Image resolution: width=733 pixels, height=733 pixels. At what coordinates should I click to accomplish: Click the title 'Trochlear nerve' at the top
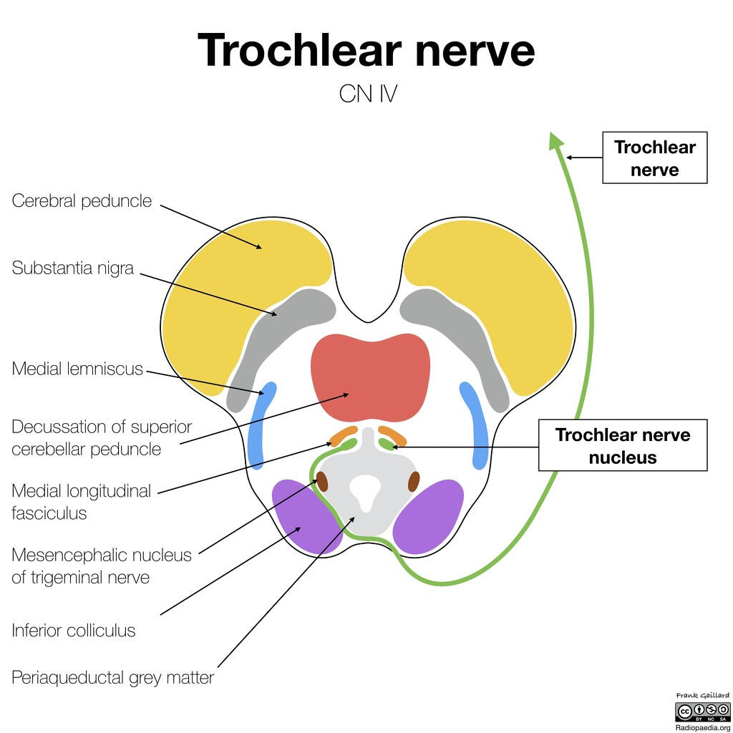(366, 50)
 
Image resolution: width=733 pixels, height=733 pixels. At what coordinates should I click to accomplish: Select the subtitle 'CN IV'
(367, 94)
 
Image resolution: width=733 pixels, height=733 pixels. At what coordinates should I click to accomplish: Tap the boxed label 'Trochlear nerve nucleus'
(622, 445)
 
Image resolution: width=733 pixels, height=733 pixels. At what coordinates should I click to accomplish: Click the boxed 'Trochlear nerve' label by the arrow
(654, 157)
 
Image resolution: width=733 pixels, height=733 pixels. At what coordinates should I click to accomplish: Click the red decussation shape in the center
(370, 376)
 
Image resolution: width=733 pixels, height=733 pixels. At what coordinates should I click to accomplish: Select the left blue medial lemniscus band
(261, 426)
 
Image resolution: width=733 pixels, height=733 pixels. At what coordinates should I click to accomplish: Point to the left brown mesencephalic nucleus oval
(322, 482)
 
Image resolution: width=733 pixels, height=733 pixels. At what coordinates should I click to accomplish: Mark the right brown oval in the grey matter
(414, 482)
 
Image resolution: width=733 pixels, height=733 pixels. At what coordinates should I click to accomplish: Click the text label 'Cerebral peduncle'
(82, 200)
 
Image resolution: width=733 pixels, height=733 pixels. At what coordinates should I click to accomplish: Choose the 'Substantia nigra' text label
(72, 268)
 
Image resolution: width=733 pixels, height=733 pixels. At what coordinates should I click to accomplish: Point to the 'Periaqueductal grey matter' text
(112, 677)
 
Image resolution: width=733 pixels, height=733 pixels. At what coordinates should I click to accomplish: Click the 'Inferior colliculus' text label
(73, 631)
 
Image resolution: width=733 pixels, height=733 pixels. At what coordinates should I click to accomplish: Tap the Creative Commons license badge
(702, 712)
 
